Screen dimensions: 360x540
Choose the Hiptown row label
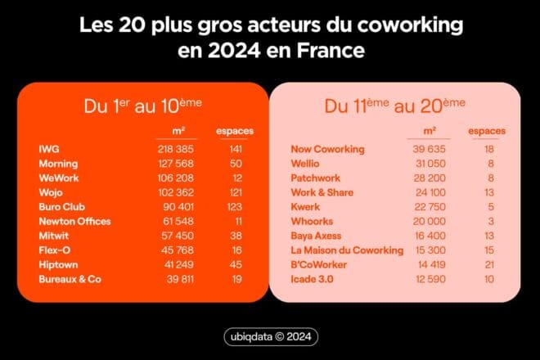(x=59, y=264)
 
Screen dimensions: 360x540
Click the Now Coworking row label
(x=327, y=150)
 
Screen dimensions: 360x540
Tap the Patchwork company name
(x=317, y=178)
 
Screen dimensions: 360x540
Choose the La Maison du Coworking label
(x=347, y=250)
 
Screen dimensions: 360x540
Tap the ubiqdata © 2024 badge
(x=270, y=337)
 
